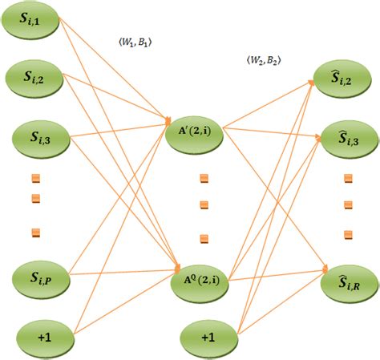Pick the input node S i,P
click(x=34, y=278)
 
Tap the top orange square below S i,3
click(x=34, y=178)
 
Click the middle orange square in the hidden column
click(x=204, y=204)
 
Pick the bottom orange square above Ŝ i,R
click(x=347, y=233)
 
